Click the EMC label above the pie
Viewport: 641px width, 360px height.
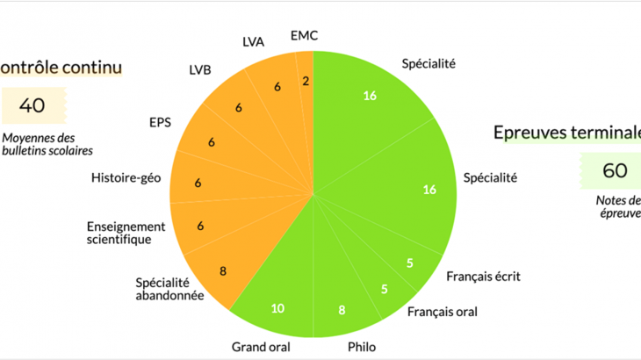click(304, 36)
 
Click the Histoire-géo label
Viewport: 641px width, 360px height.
click(126, 179)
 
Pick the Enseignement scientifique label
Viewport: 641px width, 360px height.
click(126, 232)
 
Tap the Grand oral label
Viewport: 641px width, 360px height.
click(261, 346)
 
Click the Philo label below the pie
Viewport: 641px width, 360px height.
click(362, 347)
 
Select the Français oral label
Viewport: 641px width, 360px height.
click(443, 312)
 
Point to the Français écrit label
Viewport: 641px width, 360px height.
click(483, 277)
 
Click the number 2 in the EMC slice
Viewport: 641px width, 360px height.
click(305, 82)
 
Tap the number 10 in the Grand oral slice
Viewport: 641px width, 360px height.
click(277, 307)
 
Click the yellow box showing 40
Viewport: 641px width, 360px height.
click(32, 106)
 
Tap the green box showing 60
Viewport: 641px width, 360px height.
click(615, 169)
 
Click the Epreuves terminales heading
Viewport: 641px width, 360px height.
click(566, 133)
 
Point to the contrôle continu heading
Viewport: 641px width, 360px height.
click(60, 67)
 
